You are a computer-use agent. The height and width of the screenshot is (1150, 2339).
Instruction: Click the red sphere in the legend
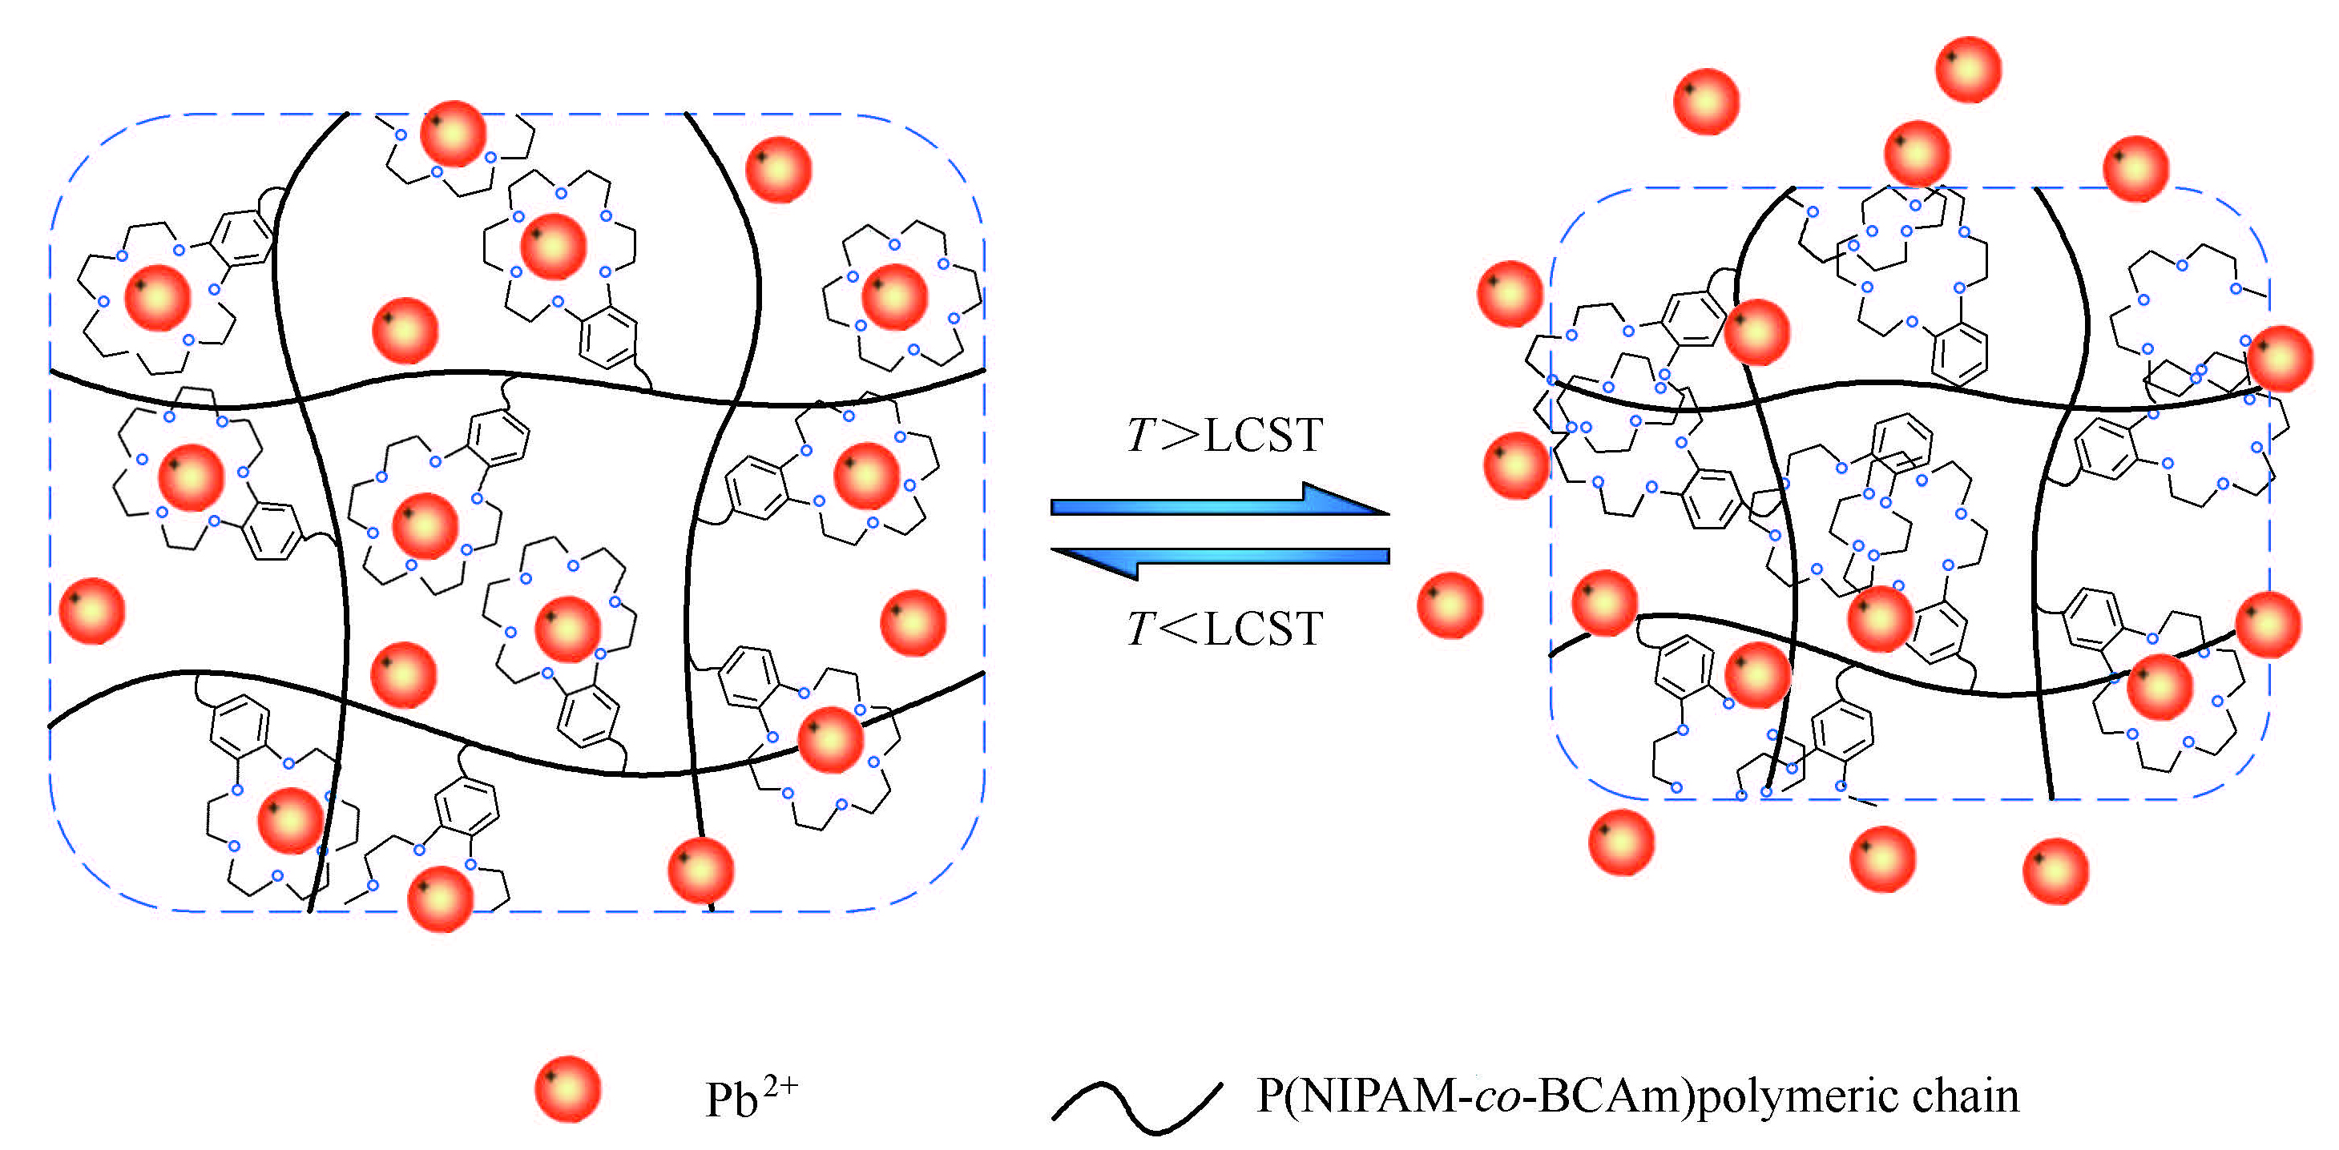[x=567, y=1088]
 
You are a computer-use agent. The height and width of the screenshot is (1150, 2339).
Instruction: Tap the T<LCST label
[x=1224, y=628]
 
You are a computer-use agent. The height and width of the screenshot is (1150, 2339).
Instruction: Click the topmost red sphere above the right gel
[x=1969, y=69]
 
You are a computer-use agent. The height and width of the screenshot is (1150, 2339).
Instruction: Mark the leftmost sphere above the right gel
[x=1706, y=102]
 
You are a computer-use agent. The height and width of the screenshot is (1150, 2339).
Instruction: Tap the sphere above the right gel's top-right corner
[x=2135, y=169]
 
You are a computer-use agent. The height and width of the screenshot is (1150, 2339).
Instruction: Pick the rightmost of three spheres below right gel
[x=2055, y=871]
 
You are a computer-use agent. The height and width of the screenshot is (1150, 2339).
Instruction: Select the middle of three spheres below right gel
[x=1882, y=858]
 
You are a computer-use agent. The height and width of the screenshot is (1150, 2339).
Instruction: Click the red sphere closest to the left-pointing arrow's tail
[x=1450, y=605]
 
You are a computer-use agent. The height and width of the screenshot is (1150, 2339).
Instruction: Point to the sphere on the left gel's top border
[x=453, y=134]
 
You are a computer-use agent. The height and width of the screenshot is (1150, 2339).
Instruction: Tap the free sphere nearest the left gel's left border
[x=91, y=611]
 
